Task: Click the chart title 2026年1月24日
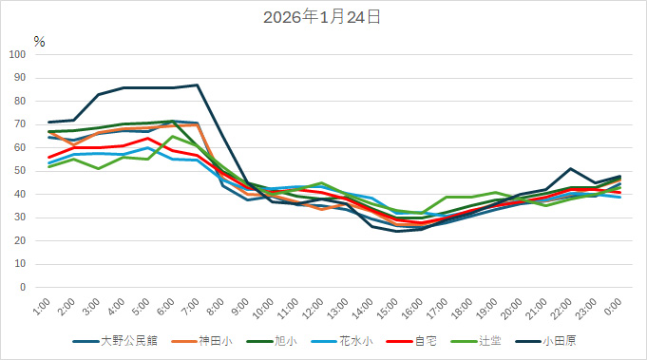tap(323, 17)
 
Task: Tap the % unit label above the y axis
tap(39, 41)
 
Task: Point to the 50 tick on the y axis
tap(20, 171)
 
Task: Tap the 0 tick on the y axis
tap(23, 288)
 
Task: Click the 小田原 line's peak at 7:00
tap(197, 85)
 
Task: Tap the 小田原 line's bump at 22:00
tap(571, 169)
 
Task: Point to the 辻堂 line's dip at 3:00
tap(98, 169)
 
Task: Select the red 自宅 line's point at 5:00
tap(147, 139)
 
